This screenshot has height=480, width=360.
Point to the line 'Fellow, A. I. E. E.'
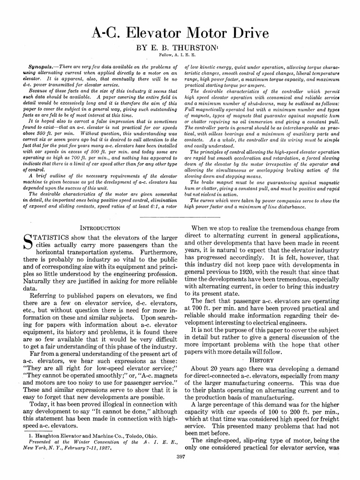coord(180,56)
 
